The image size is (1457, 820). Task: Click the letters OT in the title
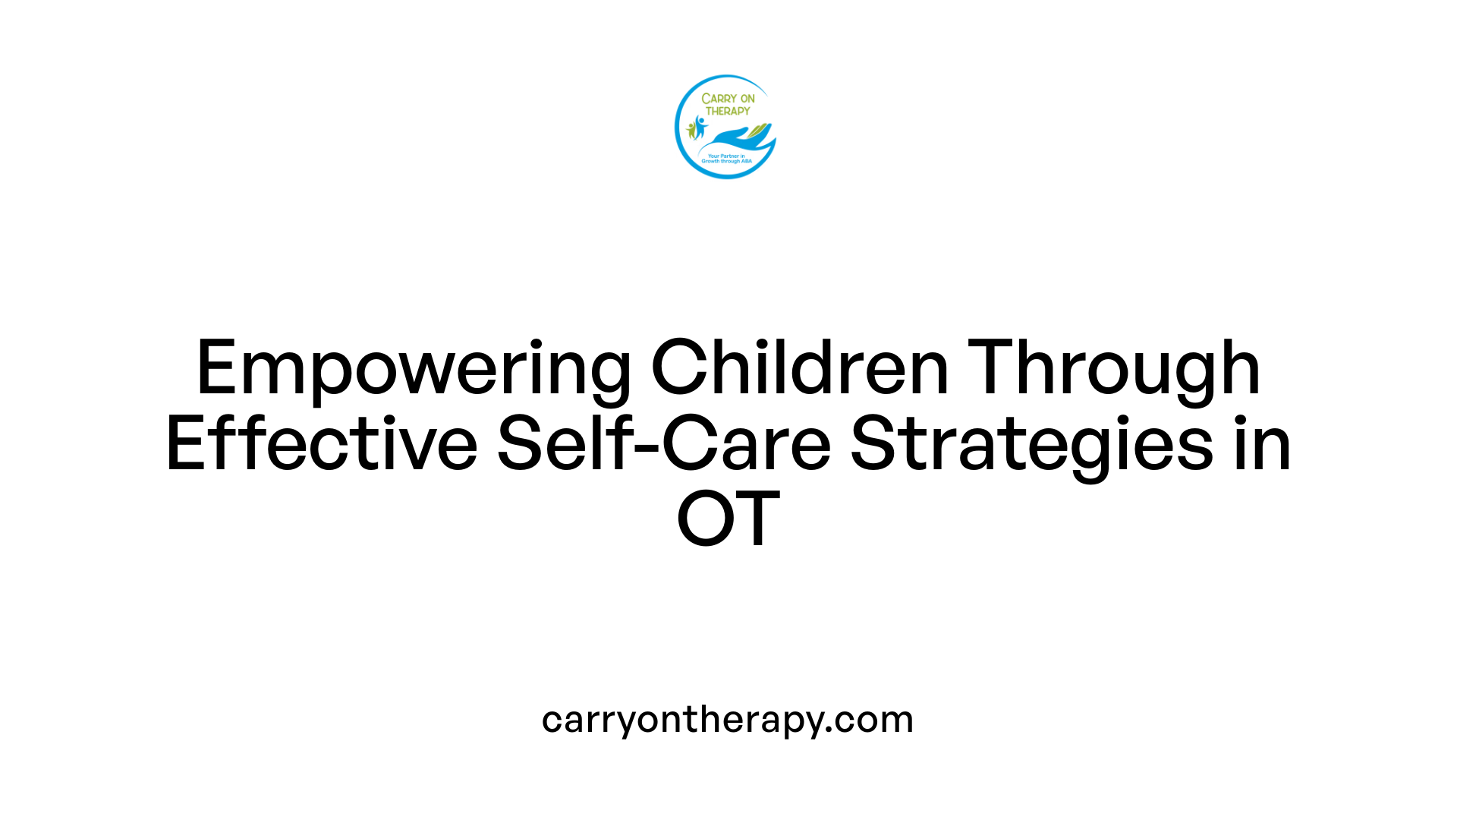point(728,519)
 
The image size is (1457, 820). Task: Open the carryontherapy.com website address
point(728,720)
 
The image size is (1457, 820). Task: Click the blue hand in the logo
point(735,140)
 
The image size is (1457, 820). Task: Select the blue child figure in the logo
point(700,126)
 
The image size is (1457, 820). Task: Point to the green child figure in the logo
point(691,131)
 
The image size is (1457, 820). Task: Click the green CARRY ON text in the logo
point(728,99)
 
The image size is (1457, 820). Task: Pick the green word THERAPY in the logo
point(728,111)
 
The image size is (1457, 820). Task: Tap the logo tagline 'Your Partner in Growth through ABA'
point(726,159)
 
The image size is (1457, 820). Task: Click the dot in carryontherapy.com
point(830,730)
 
